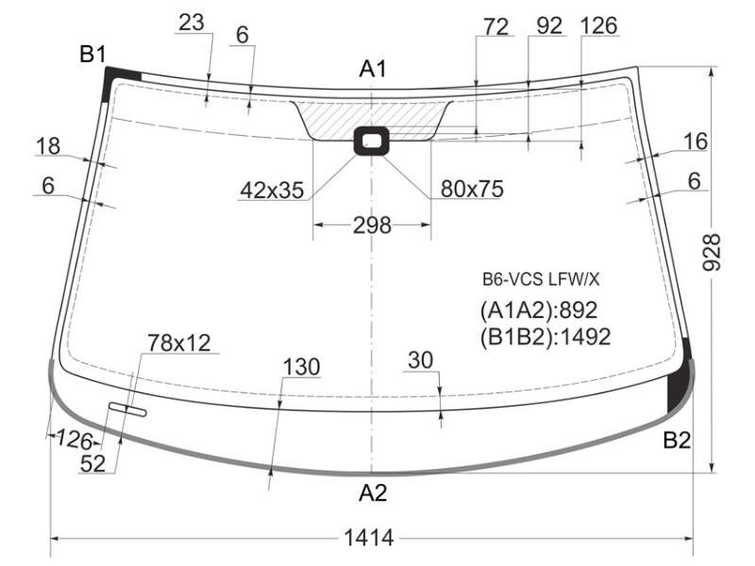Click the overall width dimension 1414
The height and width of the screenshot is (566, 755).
point(369,538)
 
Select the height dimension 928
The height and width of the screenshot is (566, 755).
point(712,253)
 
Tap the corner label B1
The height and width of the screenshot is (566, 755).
point(92,54)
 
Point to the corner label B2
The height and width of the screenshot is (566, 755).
point(677,440)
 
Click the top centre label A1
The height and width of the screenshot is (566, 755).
point(373,69)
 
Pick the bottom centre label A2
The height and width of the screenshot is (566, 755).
point(373,492)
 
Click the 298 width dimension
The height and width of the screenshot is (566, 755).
point(372,225)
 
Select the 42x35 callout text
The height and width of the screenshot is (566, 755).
point(272,191)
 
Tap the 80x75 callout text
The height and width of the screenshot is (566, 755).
point(472,189)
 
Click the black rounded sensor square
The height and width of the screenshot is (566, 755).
point(371,141)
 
